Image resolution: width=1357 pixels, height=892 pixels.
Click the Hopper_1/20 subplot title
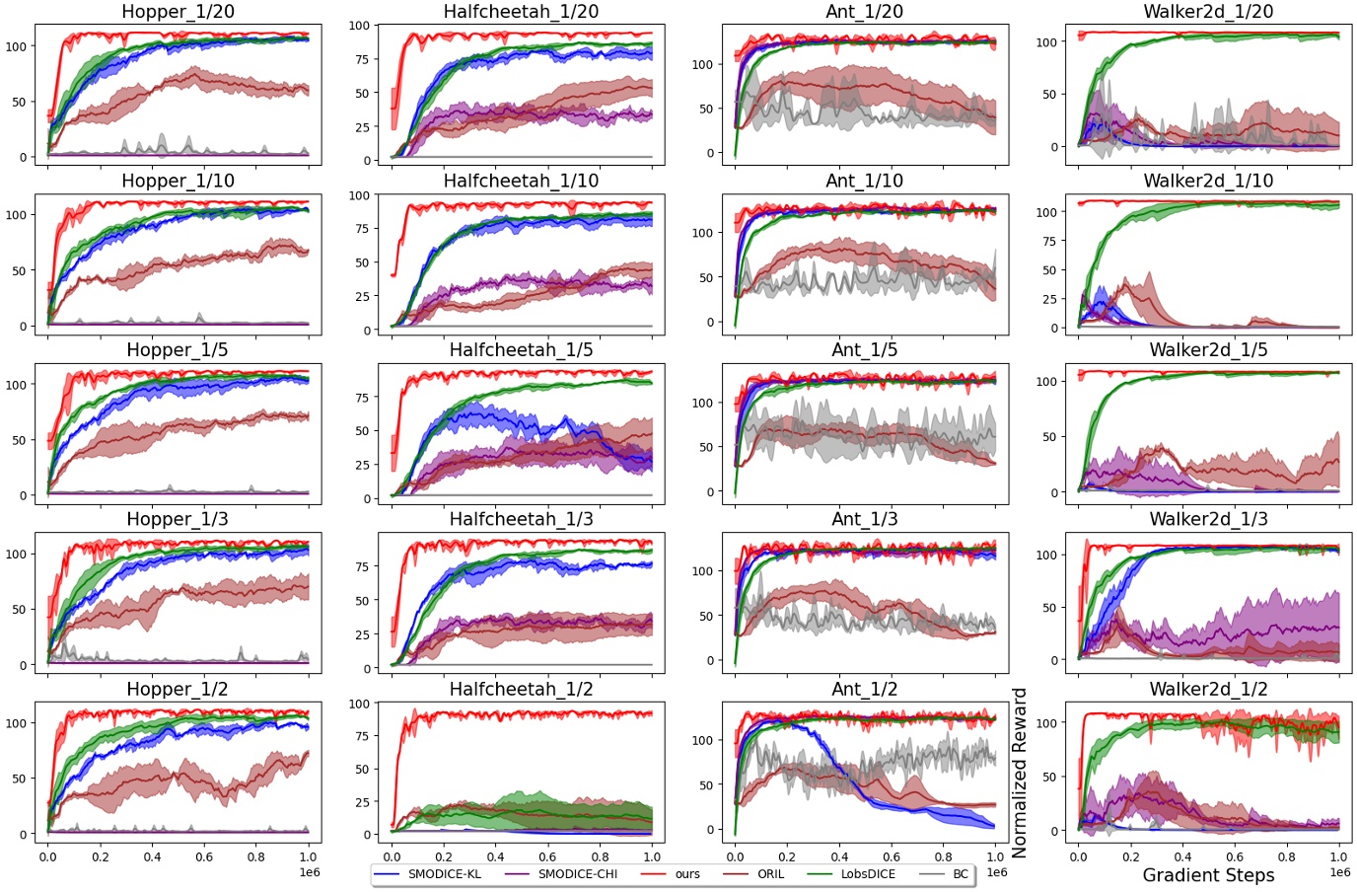(178, 12)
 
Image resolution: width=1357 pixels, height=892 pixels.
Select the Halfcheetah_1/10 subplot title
(521, 181)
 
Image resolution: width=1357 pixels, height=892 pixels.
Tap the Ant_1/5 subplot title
(864, 350)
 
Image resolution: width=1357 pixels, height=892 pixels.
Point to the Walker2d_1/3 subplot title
(1208, 519)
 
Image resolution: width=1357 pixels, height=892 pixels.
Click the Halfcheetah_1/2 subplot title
(521, 689)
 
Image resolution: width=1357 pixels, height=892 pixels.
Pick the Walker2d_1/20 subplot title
(1208, 12)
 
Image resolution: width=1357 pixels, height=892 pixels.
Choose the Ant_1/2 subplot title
(864, 689)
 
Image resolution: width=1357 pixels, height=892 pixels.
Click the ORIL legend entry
(770, 874)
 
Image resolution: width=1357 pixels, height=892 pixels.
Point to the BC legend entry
(960, 874)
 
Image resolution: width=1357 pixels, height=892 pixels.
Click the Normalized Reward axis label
(1020, 772)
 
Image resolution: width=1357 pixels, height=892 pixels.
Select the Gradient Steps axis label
(1208, 875)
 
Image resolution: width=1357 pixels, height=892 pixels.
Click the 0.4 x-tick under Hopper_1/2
(152, 856)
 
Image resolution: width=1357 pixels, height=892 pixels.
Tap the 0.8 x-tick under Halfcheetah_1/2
(600, 856)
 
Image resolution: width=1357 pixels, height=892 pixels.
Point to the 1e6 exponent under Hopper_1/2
(309, 872)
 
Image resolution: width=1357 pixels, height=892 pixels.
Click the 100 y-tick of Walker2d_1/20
(1046, 42)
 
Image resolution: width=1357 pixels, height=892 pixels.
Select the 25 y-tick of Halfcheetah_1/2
(361, 802)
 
